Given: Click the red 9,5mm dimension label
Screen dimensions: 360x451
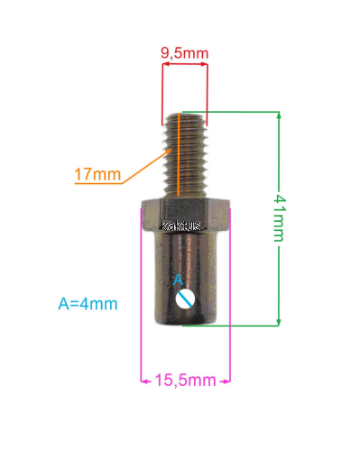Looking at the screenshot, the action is pos(184,53).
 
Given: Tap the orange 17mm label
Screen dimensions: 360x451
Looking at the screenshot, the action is pos(97,174).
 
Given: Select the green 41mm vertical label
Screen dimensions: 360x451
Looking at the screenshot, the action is pos(280,218).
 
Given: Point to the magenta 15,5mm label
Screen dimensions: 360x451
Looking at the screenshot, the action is pos(185,381).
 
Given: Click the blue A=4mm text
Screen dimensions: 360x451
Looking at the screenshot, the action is pos(88,304).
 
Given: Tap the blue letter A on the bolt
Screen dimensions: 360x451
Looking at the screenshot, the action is pos(179,280).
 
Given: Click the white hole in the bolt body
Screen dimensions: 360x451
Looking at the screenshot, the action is pos(185,299).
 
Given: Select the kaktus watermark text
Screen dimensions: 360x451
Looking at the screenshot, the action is pos(181,225).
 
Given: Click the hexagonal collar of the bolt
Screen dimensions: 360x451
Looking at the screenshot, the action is pos(186,215).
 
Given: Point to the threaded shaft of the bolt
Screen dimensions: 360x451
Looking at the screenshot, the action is pos(185,155).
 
